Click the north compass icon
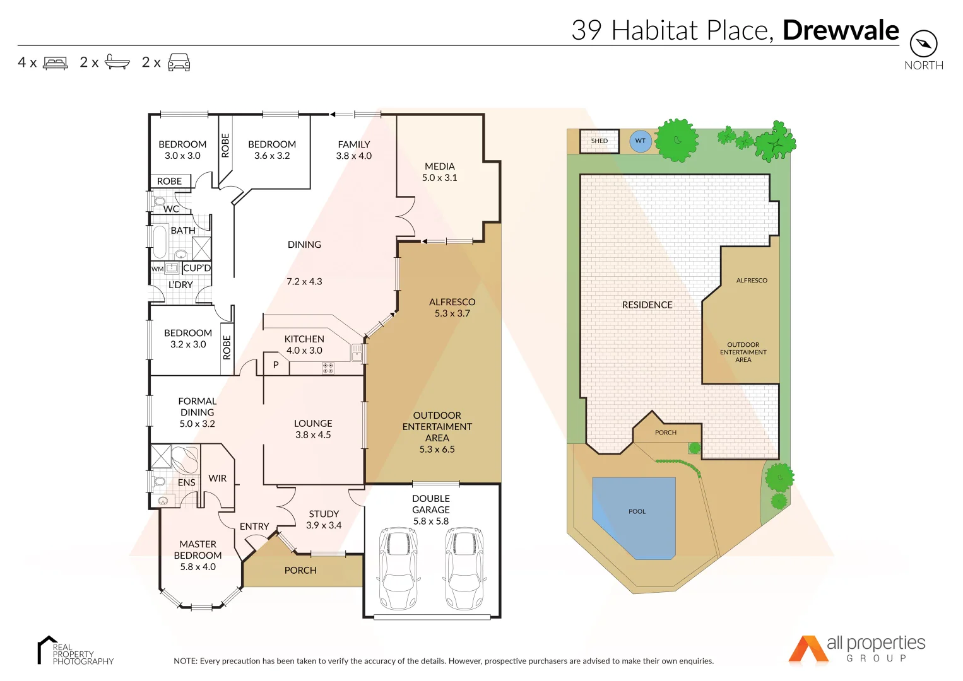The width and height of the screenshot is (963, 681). tap(923, 44)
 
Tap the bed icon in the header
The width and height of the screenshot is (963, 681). tap(56, 63)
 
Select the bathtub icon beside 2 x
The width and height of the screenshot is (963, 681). tap(117, 62)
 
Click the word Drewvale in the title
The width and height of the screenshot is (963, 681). tap(841, 30)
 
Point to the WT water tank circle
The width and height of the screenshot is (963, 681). tap(640, 141)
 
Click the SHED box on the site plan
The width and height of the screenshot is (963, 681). tap(600, 141)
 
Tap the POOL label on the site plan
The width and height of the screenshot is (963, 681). tap(637, 511)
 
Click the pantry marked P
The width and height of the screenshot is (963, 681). tap(276, 365)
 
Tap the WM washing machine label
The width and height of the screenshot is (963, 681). tap(157, 269)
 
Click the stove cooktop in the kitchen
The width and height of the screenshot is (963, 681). tap(328, 368)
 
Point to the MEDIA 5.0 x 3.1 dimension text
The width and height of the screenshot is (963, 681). tap(440, 178)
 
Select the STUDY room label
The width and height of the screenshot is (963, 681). tap(324, 514)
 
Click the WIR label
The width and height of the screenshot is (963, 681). tap(217, 479)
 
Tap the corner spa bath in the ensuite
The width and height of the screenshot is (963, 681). tap(185, 458)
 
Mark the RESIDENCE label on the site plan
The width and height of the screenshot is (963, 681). tap(647, 305)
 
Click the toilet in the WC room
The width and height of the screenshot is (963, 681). tap(158, 202)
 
